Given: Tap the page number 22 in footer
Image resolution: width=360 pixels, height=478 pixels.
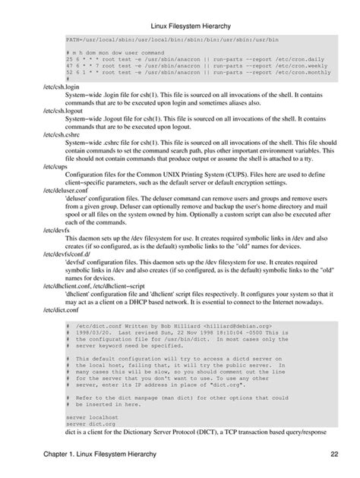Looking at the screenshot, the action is [x=333, y=454].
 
